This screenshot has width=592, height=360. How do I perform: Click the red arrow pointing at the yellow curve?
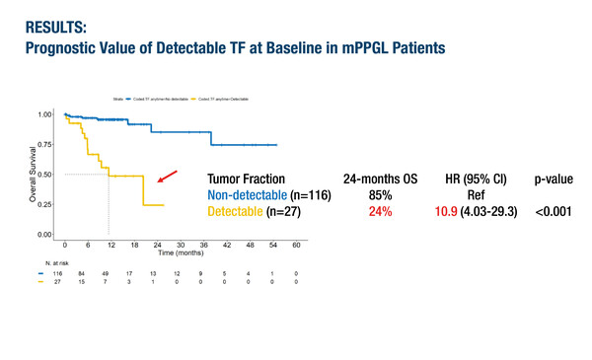pyautogui.click(x=168, y=177)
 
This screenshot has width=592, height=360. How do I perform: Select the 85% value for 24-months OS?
pyautogui.click(x=379, y=195)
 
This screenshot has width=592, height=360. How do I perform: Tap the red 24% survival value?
pyautogui.click(x=379, y=212)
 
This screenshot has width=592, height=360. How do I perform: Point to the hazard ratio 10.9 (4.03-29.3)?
pyautogui.click(x=463, y=212)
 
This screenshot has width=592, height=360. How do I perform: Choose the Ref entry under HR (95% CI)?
pyautogui.click(x=463, y=195)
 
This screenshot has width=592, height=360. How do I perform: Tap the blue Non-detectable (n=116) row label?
pyautogui.click(x=269, y=195)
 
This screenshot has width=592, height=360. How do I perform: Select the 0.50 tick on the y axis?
pyautogui.click(x=44, y=175)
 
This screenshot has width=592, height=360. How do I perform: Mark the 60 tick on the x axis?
pyautogui.click(x=295, y=244)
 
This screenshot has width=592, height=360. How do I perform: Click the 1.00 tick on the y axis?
pyautogui.click(x=44, y=114)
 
